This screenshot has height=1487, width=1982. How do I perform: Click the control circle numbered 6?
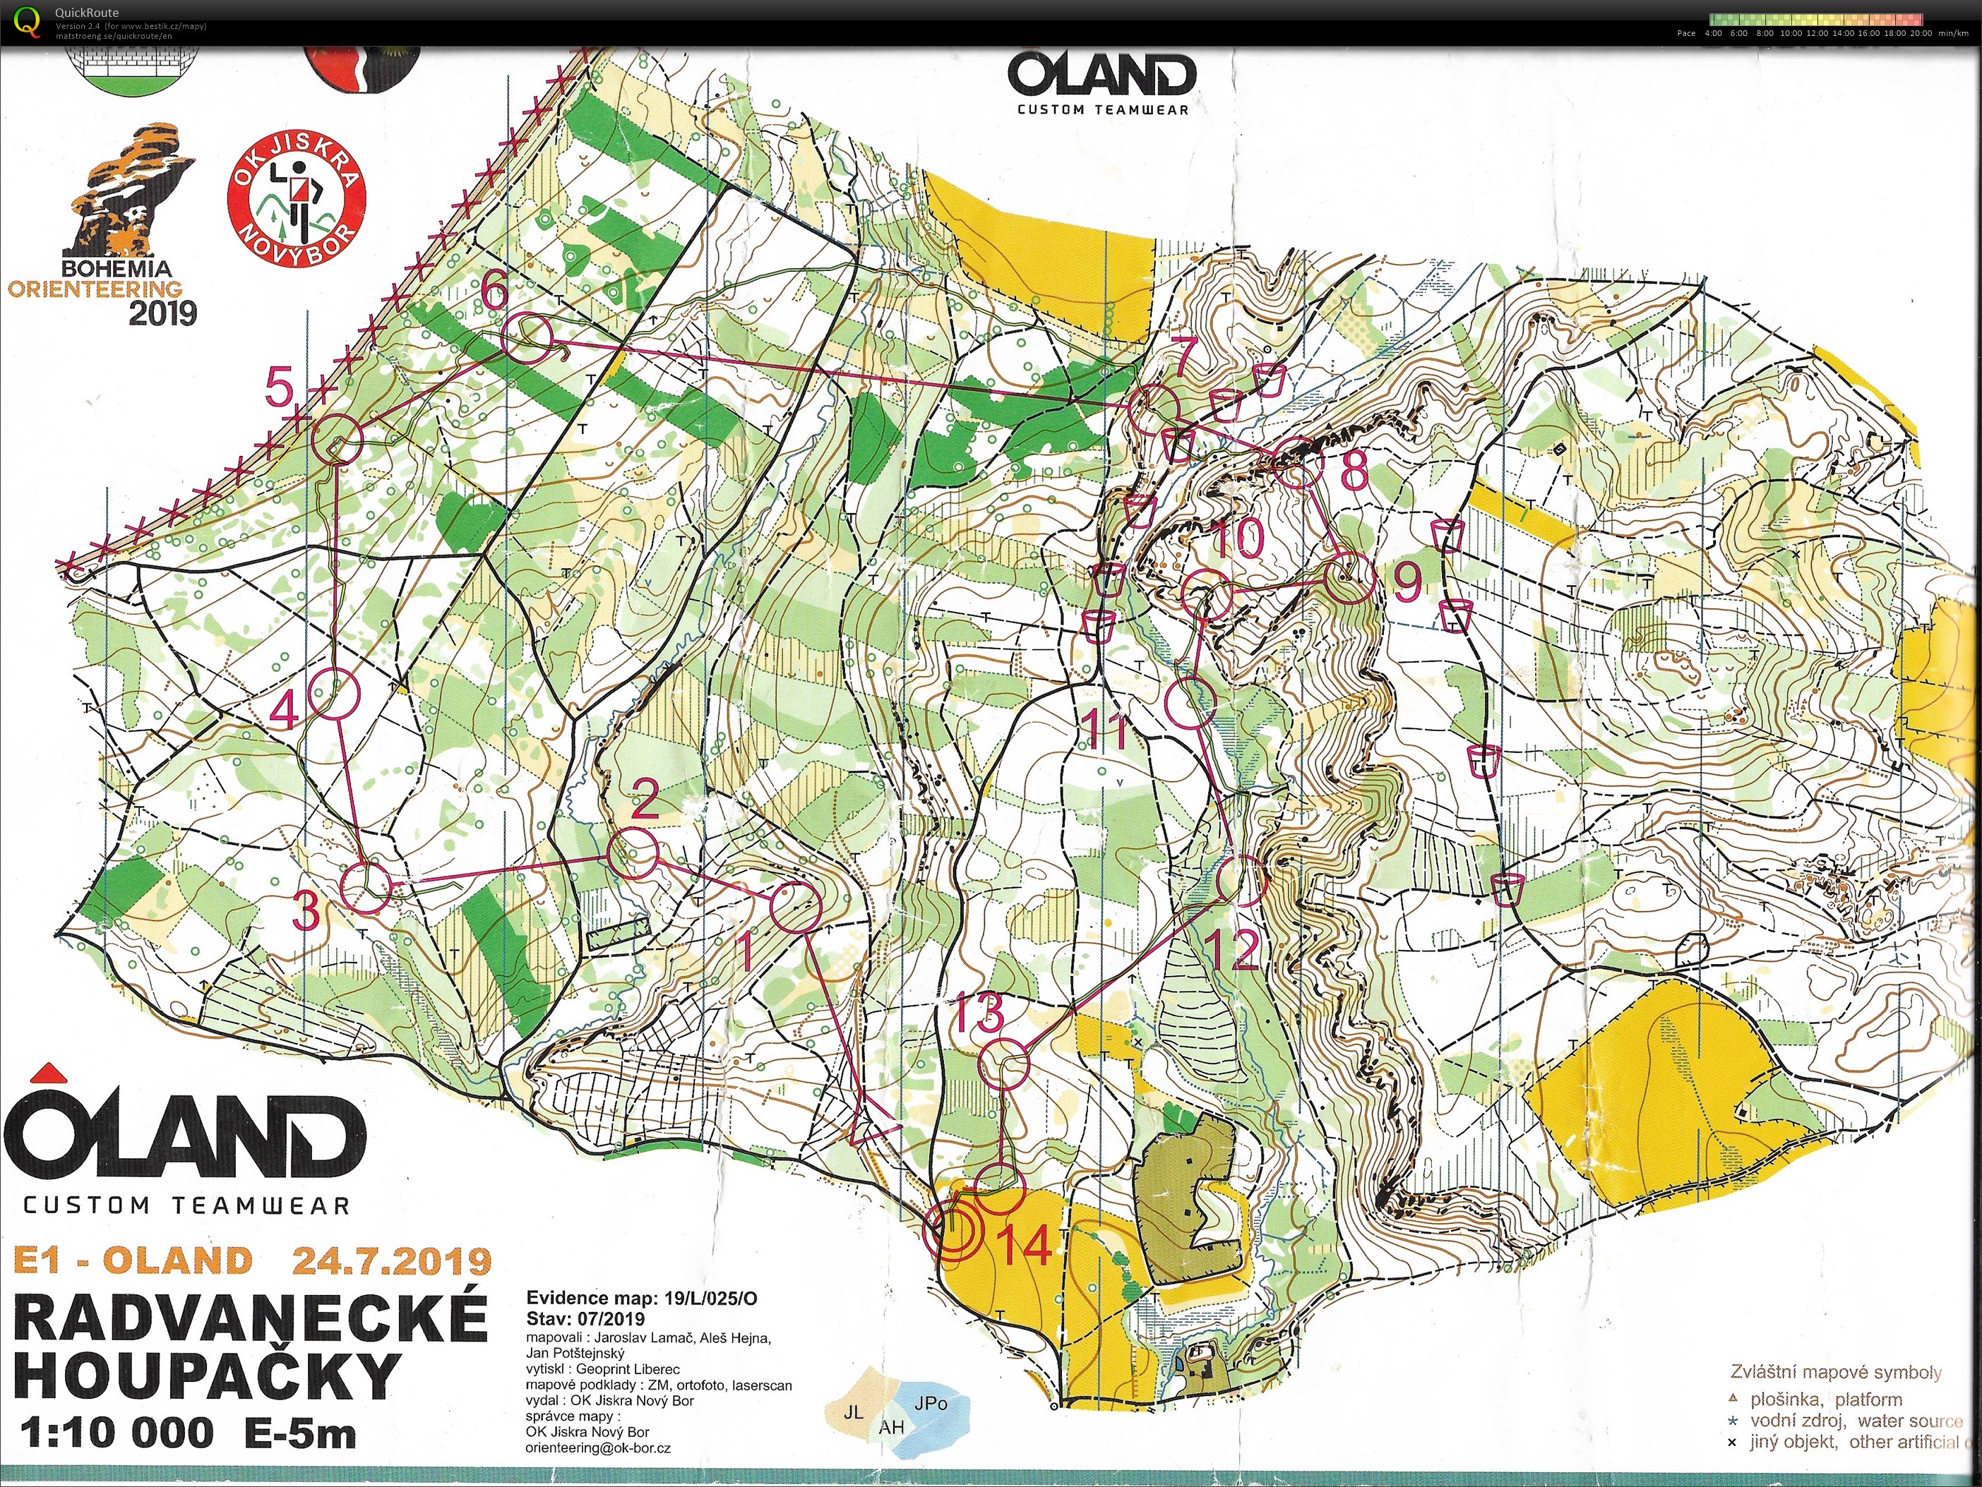click(x=526, y=339)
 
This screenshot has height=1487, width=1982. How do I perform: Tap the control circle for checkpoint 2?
click(x=633, y=853)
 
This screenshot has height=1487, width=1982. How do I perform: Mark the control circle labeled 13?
click(x=1003, y=1064)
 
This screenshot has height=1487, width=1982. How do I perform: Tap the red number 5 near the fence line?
click(x=280, y=390)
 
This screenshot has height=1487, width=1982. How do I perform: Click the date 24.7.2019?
click(x=392, y=1260)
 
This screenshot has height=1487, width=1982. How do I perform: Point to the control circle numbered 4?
click(x=334, y=695)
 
